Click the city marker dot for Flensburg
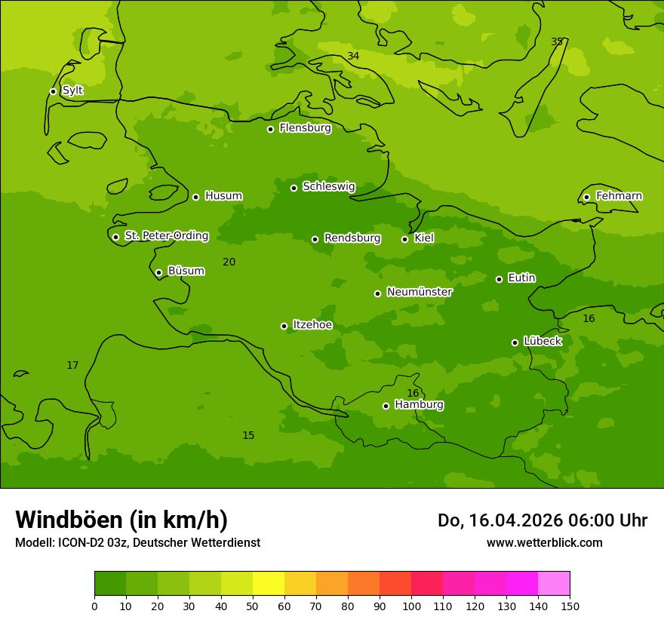tap(270, 129)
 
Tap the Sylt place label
tap(72, 91)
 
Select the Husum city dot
tap(195, 197)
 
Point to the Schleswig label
tap(328, 186)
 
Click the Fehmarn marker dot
tap(586, 197)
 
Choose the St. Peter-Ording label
tap(166, 236)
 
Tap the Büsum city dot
tap(158, 272)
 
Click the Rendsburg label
tap(352, 238)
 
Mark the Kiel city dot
tap(404, 239)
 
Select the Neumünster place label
tap(420, 292)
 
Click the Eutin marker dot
tap(499, 279)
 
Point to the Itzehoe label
tap(312, 325)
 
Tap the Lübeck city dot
tap(515, 342)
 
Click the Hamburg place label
tap(419, 405)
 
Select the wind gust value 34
tap(353, 57)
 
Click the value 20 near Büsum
tap(229, 262)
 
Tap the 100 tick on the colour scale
tap(411, 606)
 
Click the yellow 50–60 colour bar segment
tap(269, 584)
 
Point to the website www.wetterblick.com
tap(544, 543)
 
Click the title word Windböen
tap(69, 520)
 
